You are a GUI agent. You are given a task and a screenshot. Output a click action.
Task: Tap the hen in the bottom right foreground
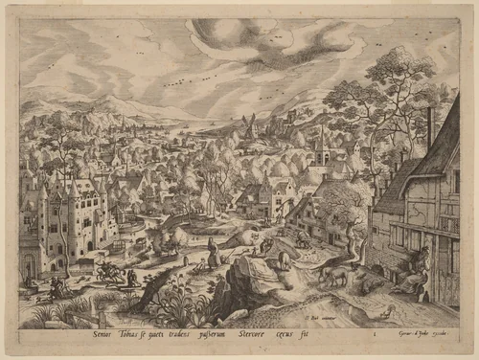coord(385,308)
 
